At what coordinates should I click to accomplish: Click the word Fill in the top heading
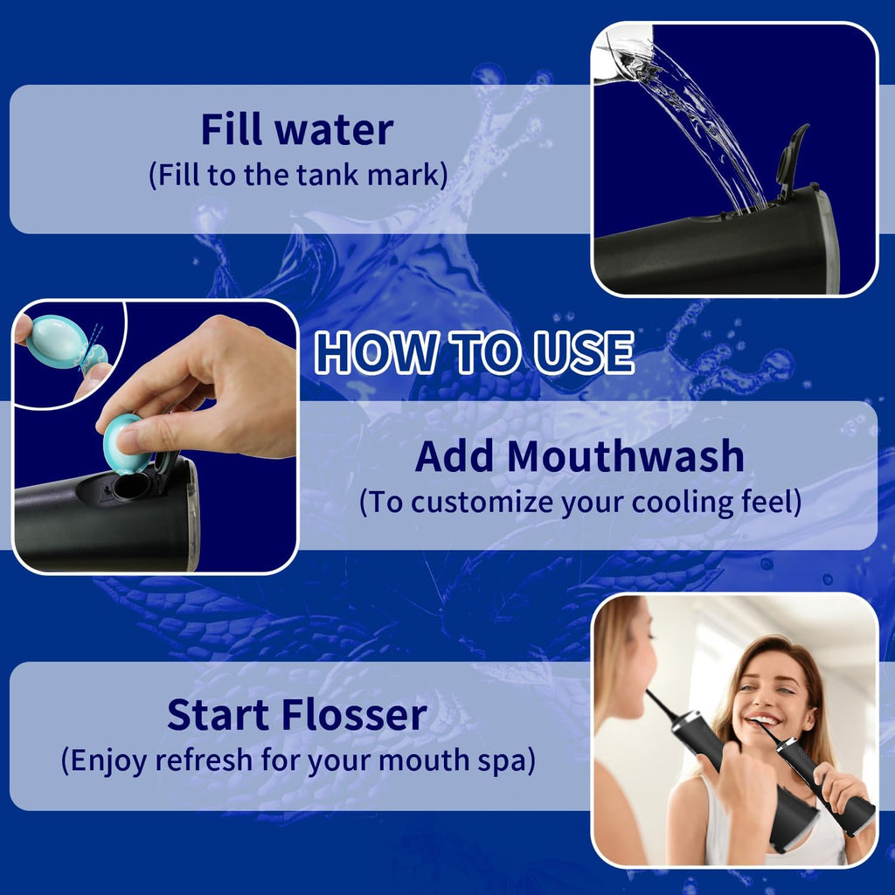click(x=232, y=129)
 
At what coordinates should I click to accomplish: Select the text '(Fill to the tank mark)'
click(x=297, y=175)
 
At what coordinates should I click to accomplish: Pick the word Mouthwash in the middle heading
click(x=626, y=456)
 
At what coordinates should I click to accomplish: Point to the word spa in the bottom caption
click(x=511, y=760)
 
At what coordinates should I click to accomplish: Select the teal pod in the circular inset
click(x=58, y=341)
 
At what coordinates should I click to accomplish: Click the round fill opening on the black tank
click(x=131, y=486)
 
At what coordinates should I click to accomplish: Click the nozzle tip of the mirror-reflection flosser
click(x=649, y=694)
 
